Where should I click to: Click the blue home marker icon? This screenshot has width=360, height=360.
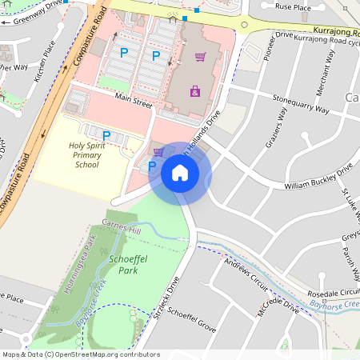pos(180,173)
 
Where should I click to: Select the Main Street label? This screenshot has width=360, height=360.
pos(132,102)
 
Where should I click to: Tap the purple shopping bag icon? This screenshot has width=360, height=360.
pos(195,91)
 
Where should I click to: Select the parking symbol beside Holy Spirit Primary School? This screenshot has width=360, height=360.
pos(106,136)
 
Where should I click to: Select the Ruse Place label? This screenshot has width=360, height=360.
pos(292,6)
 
